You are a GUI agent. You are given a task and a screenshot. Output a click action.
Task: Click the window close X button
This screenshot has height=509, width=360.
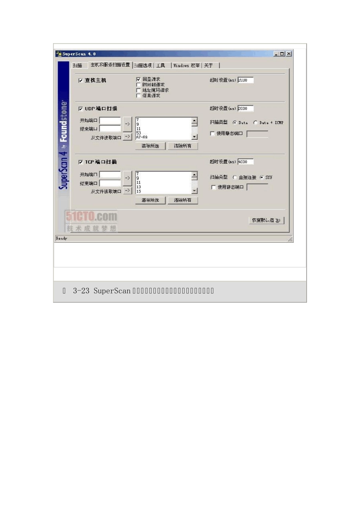tap(289, 54)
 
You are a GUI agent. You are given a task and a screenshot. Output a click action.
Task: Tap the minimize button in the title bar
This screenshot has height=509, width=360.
tap(276, 54)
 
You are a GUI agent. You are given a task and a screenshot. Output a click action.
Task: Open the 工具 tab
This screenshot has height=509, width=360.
tap(161, 66)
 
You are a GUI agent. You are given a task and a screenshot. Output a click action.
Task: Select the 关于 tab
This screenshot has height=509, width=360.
tap(209, 66)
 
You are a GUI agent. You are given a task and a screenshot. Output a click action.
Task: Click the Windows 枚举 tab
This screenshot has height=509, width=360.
tap(186, 66)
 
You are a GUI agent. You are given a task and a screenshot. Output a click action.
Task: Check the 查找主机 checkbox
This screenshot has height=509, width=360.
tap(81, 80)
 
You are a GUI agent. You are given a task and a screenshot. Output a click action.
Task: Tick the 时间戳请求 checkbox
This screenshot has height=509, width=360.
tap(138, 85)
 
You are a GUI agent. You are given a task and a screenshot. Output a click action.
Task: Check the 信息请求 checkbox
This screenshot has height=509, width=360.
tap(138, 95)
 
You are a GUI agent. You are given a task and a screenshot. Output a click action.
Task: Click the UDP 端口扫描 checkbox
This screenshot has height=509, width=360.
tap(81, 109)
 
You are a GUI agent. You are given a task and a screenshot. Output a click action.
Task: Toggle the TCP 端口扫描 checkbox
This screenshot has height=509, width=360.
tap(81, 162)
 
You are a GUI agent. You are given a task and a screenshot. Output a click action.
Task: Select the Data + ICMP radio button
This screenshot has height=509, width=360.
tap(255, 123)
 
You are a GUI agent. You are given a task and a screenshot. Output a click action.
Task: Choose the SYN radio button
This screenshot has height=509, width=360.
tap(262, 177)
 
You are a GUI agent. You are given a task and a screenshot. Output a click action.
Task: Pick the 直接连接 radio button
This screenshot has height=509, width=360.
tap(235, 177)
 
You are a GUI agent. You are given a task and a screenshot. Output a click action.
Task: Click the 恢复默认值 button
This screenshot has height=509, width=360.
tap(266, 220)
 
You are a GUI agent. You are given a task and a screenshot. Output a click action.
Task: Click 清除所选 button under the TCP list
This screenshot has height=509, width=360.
tap(150, 200)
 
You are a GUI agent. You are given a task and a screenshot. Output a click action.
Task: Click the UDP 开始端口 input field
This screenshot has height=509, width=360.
tap(110, 120)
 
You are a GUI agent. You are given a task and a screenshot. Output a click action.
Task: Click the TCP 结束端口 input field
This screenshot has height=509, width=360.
tap(110, 183)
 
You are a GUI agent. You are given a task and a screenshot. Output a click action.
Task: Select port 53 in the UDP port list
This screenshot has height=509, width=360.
tap(139, 133)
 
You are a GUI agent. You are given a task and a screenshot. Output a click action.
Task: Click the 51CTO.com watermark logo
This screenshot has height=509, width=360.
tap(91, 217)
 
